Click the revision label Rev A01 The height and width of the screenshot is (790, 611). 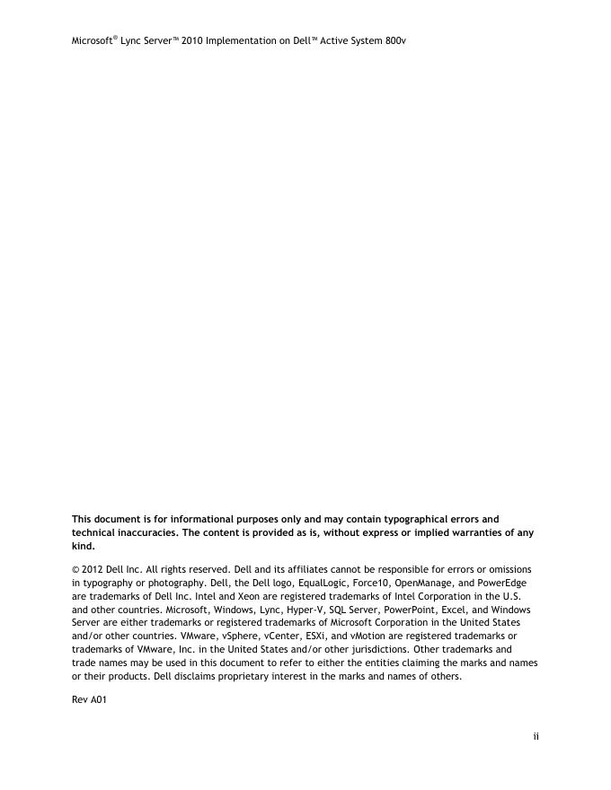[89, 700]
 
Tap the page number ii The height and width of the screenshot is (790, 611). [536, 737]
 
